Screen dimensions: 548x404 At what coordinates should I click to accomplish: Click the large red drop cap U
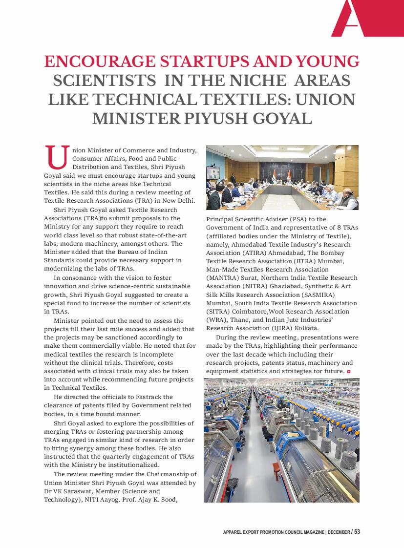(56, 156)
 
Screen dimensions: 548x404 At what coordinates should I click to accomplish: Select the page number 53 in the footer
(357, 531)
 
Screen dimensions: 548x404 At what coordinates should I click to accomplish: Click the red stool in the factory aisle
(276, 471)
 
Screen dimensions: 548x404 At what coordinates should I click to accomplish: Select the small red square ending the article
(349, 372)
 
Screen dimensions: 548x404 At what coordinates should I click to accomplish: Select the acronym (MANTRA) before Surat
(222, 278)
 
